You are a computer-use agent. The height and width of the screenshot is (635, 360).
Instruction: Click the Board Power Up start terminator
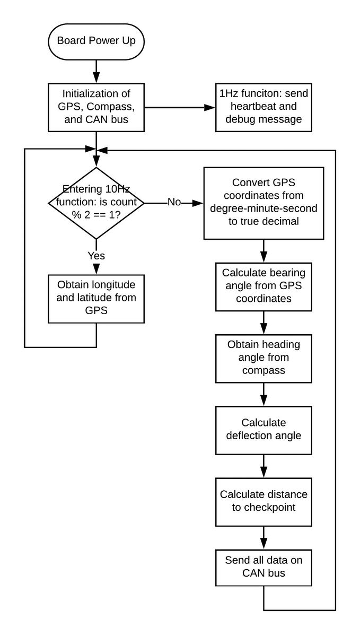(96, 41)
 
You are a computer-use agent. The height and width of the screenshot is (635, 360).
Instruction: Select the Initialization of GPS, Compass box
(96, 107)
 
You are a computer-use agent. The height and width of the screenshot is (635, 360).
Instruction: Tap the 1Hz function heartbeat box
(264, 107)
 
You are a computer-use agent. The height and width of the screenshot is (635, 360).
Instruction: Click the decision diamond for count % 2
(96, 203)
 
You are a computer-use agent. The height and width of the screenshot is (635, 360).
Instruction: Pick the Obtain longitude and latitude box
(96, 299)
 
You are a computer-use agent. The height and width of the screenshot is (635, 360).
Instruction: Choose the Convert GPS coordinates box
(264, 203)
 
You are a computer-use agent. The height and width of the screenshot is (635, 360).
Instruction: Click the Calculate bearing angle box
(264, 286)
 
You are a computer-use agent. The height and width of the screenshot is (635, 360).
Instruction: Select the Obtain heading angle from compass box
(264, 359)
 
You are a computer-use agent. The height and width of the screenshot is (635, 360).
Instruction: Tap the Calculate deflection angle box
(264, 430)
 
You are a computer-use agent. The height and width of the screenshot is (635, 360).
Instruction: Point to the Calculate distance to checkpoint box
(264, 502)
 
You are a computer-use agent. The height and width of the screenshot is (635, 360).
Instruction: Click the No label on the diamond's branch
(174, 203)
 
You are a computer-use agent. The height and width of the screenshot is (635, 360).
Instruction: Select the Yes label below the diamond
(96, 256)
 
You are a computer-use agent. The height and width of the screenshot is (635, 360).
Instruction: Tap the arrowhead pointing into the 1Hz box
(210, 107)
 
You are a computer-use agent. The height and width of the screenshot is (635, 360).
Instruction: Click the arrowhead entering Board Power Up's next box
(96, 78)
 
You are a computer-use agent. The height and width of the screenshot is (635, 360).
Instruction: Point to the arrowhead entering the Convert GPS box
(198, 203)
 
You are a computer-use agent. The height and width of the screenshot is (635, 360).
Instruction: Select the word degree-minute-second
(264, 209)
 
